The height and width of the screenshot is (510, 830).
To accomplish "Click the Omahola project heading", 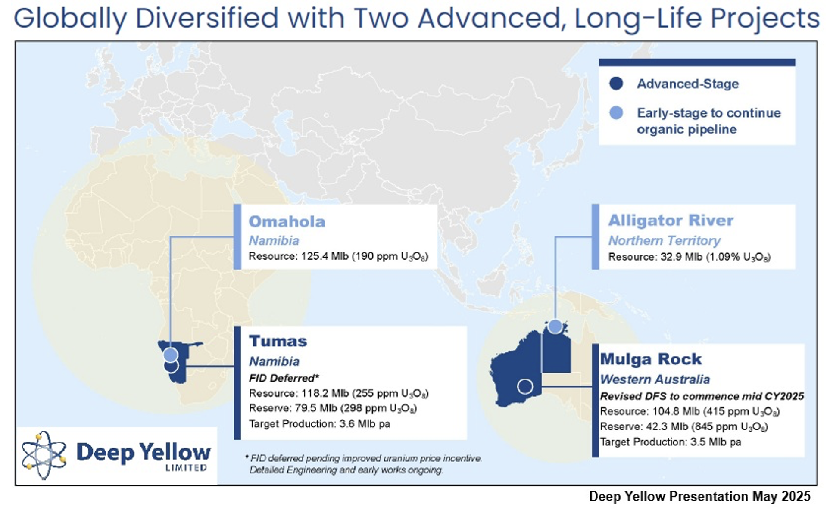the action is [287, 221].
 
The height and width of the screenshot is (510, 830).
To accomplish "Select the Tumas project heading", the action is [278, 341].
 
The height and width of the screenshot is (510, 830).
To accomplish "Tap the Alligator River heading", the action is [671, 220].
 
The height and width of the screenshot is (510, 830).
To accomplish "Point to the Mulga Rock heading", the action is [651, 359].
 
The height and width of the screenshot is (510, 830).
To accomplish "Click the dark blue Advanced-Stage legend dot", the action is [616, 84].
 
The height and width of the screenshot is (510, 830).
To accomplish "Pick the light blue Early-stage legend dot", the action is [616, 113].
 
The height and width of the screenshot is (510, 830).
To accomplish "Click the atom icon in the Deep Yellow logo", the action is [44, 455].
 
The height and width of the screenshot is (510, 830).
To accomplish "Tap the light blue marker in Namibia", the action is [171, 355].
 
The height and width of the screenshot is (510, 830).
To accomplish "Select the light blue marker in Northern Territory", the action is [555, 326].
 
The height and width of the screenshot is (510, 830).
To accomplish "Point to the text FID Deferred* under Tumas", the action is [284, 378].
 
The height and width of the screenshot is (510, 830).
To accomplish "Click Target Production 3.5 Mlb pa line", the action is [671, 442].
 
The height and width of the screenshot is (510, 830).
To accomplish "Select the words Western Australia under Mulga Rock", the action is [655, 379].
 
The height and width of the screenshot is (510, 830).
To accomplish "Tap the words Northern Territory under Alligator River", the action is [664, 240].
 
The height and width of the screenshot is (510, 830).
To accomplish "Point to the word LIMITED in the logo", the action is [186, 468].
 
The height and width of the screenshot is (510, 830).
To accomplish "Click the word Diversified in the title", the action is [207, 18].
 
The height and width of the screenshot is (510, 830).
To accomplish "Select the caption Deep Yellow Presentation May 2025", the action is [699, 496].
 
